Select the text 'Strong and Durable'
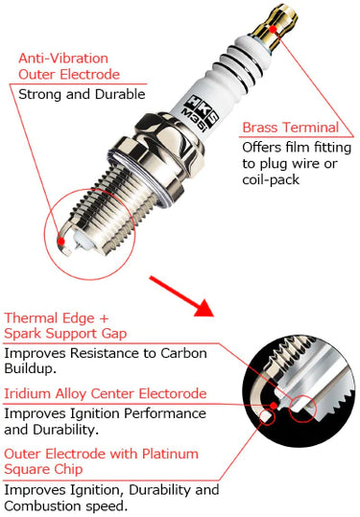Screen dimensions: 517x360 (81, 94)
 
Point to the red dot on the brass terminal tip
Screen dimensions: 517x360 (275, 30)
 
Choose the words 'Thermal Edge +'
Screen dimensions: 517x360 (56, 317)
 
